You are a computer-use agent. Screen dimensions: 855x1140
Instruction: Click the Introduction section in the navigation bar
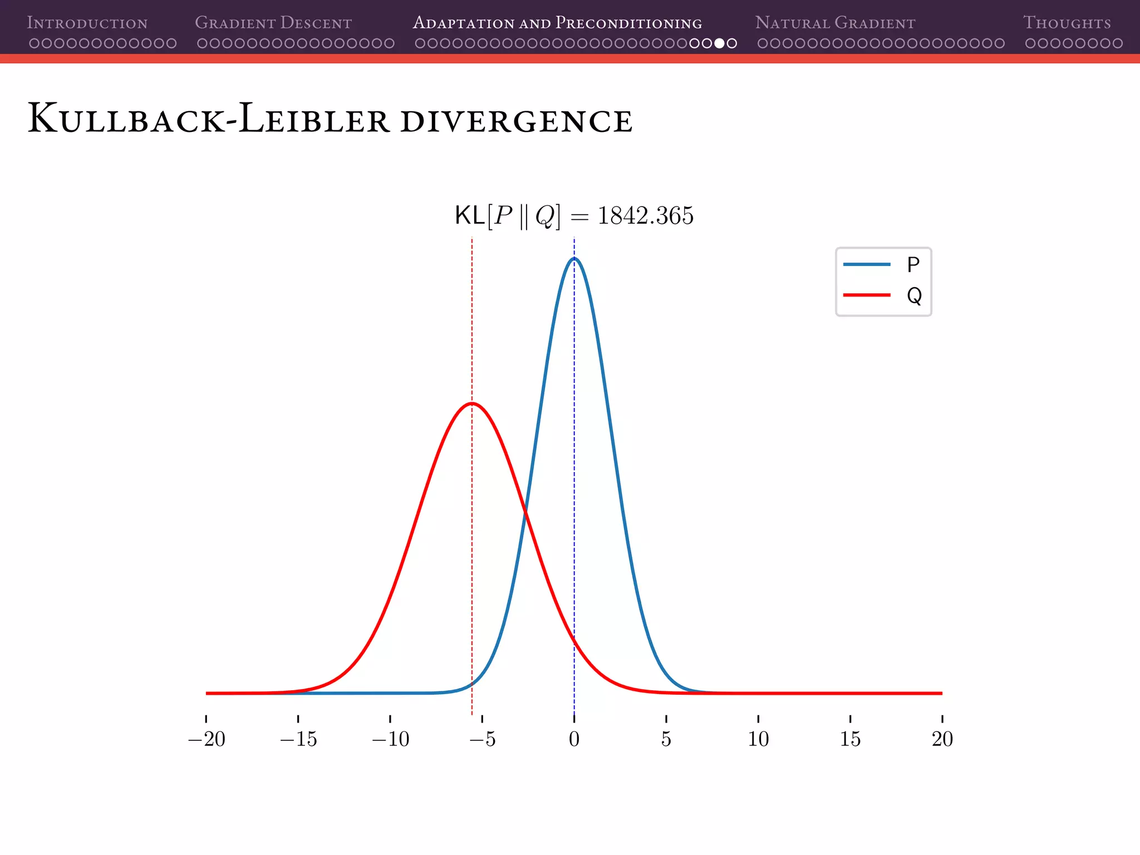click(x=87, y=23)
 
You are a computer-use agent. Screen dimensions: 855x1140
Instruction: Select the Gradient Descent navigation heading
click(x=273, y=23)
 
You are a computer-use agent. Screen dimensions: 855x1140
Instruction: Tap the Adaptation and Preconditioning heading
click(x=557, y=23)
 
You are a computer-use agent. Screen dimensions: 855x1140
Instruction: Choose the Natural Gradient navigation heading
click(x=835, y=23)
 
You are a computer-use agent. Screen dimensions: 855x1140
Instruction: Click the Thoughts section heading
click(x=1067, y=23)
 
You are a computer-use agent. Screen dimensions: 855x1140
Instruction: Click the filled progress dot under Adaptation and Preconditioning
click(x=719, y=43)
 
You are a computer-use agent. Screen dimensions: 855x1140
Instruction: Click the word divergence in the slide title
click(x=516, y=121)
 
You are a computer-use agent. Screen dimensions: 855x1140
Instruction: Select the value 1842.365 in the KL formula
click(x=645, y=216)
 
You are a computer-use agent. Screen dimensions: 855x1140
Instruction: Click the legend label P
click(x=913, y=264)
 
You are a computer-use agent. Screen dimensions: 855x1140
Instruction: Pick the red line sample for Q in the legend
click(x=867, y=294)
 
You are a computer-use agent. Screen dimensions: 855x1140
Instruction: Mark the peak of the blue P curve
click(x=574, y=258)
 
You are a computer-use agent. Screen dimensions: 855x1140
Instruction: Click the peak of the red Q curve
click(x=472, y=403)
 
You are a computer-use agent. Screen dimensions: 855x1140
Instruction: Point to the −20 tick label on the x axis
click(x=207, y=739)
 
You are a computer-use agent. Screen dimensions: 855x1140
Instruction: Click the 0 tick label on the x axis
click(x=574, y=739)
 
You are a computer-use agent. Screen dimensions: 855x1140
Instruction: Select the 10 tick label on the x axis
click(x=758, y=739)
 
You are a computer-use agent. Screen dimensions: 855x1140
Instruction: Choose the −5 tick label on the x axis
click(x=482, y=739)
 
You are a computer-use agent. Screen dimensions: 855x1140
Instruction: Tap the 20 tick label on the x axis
click(x=942, y=739)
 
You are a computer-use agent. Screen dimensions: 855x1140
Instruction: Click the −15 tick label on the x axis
click(x=298, y=739)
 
